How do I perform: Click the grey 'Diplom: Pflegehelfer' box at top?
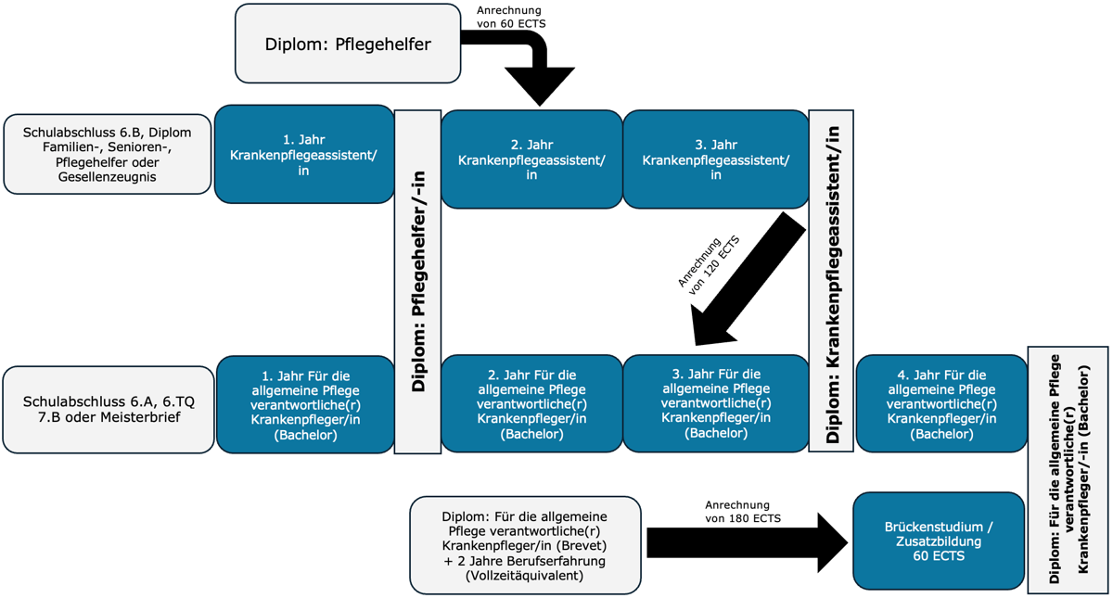point(348,44)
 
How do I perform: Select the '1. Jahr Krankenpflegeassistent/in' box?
point(304,154)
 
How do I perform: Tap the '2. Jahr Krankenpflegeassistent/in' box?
point(531,159)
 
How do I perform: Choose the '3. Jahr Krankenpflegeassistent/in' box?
point(715,159)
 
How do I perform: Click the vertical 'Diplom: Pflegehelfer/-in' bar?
point(417,282)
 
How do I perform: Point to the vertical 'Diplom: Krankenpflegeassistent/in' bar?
point(831,281)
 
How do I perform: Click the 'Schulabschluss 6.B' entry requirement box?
point(108,155)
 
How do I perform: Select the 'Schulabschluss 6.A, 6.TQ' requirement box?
point(109,410)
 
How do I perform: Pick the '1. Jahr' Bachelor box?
point(305,404)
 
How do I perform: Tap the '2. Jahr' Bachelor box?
point(531,404)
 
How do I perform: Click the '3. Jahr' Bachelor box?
point(715,403)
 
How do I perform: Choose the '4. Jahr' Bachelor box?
point(941,403)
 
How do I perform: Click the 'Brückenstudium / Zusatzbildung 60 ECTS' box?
point(939,541)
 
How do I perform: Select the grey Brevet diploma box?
point(525,545)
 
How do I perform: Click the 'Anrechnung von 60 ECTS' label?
point(510,17)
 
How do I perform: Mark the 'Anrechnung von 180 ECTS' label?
point(742,512)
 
